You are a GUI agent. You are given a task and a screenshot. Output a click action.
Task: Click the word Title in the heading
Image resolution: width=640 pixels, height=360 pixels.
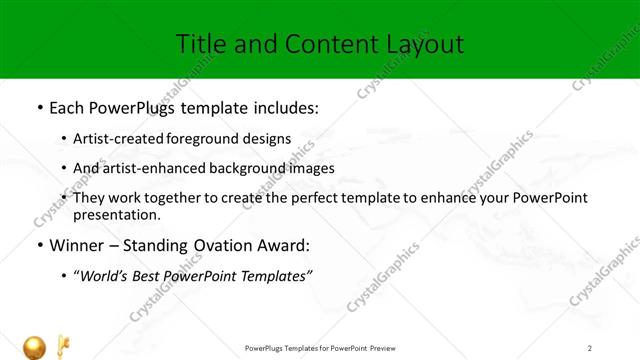(x=200, y=44)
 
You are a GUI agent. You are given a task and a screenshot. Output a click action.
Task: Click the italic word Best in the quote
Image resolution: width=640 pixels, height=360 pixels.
(x=146, y=276)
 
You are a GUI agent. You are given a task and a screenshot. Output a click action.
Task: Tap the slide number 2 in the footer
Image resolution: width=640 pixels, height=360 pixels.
(x=590, y=348)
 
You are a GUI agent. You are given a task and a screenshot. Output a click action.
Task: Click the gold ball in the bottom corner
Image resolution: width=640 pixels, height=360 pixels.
(x=36, y=347)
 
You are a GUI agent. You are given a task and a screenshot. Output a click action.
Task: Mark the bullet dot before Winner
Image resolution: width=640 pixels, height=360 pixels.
(x=38, y=245)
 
